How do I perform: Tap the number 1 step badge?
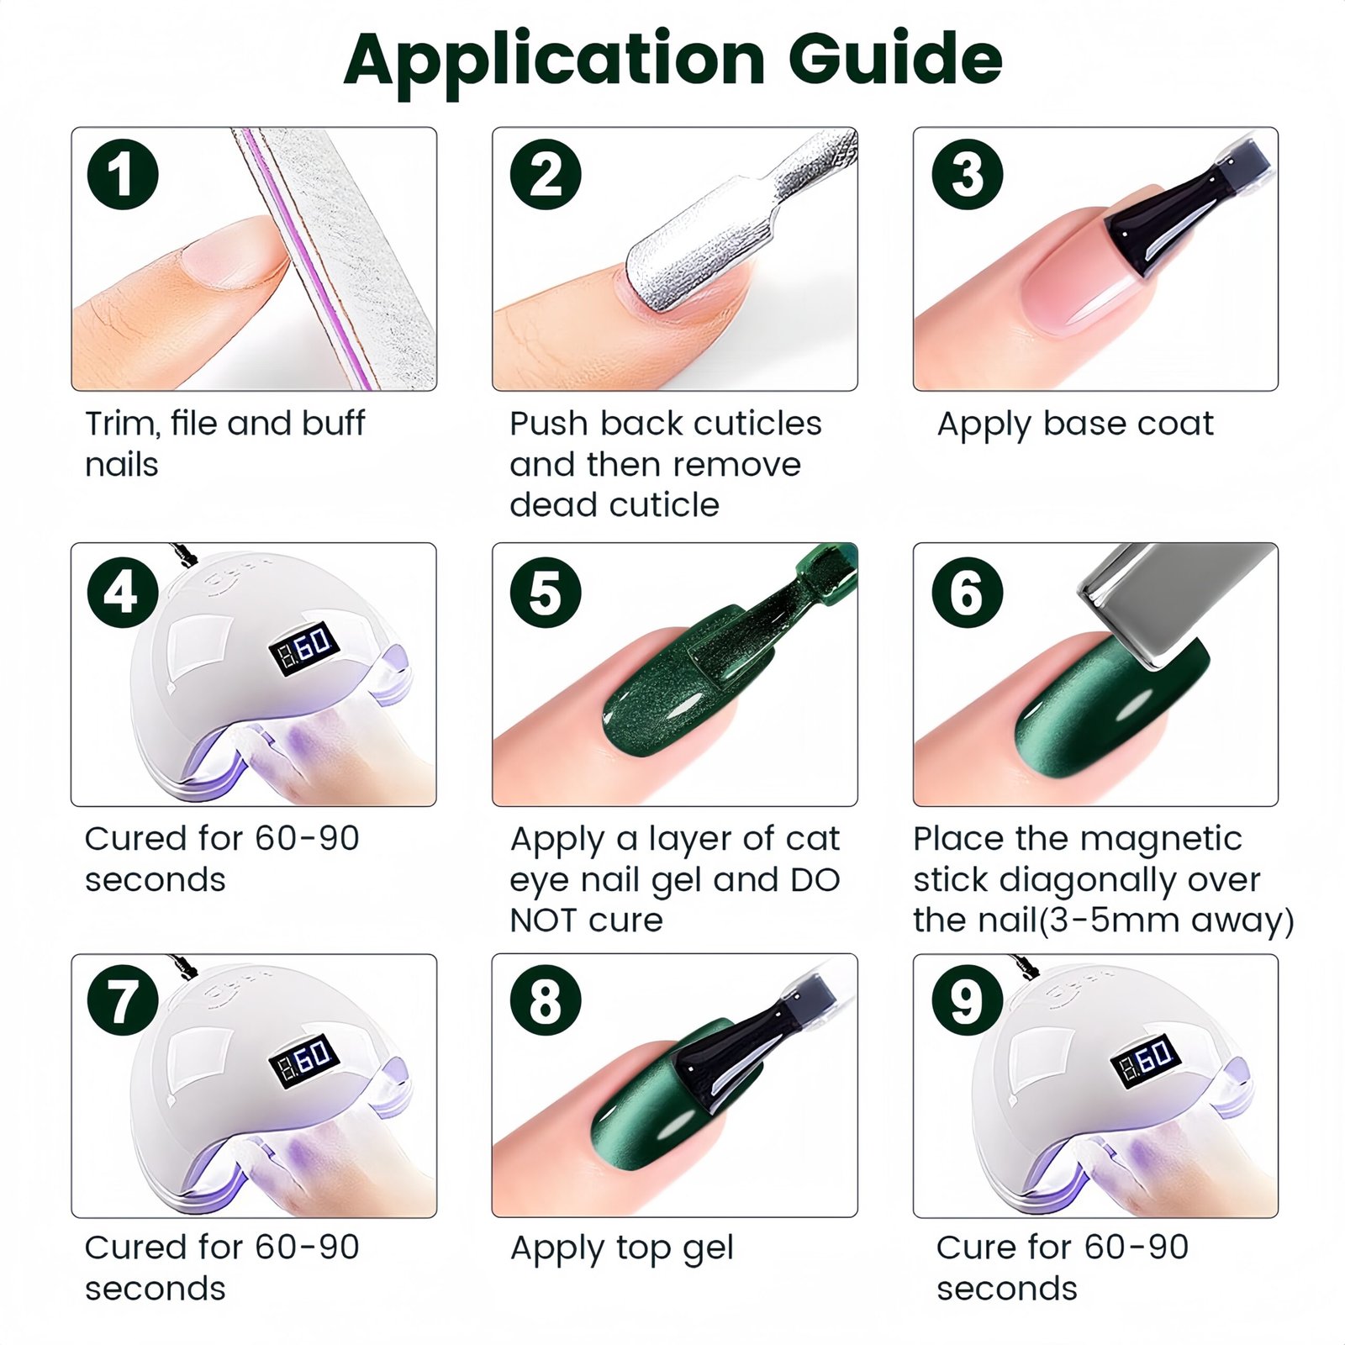[123, 174]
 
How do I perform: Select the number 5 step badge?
[546, 592]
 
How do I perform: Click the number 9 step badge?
[967, 1000]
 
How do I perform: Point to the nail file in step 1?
[336, 252]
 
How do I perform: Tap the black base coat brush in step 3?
[1177, 210]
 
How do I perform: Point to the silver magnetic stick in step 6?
[1177, 601]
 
